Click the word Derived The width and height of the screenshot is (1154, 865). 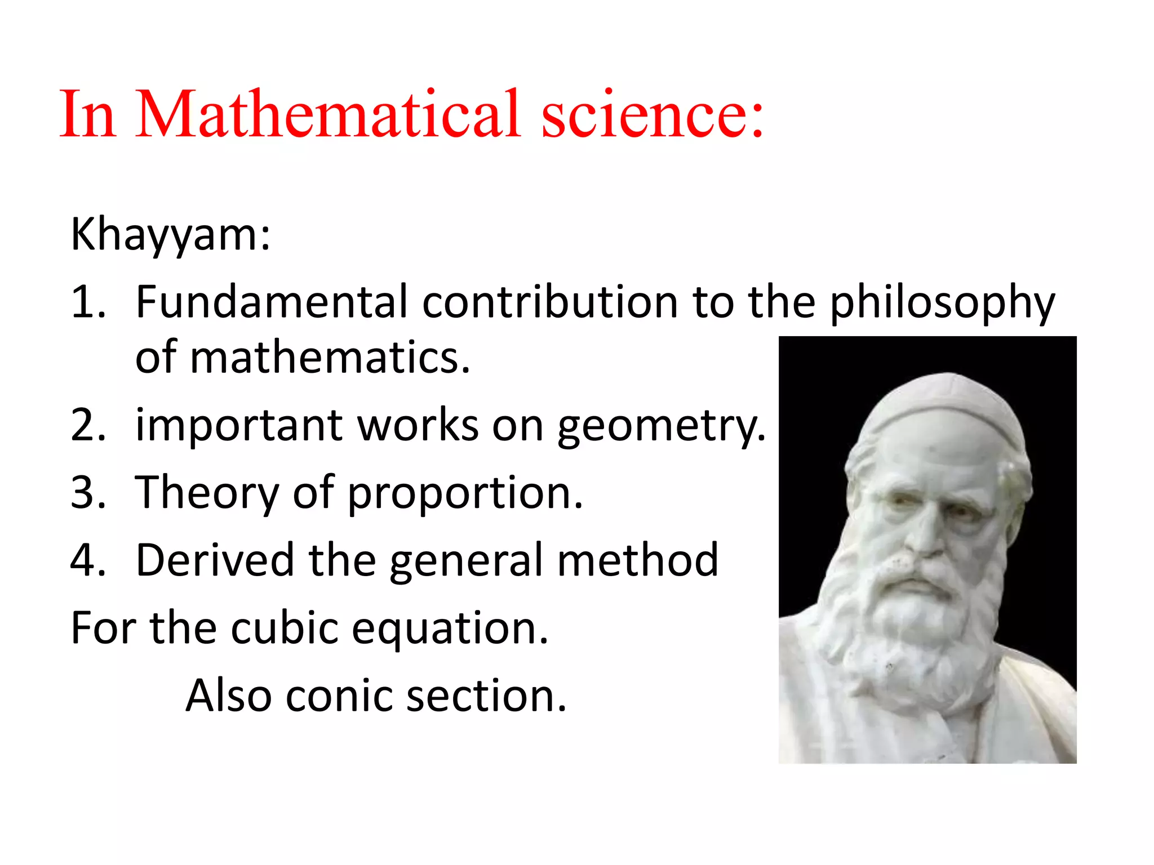[215, 560]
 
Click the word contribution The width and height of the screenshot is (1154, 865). [550, 302]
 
